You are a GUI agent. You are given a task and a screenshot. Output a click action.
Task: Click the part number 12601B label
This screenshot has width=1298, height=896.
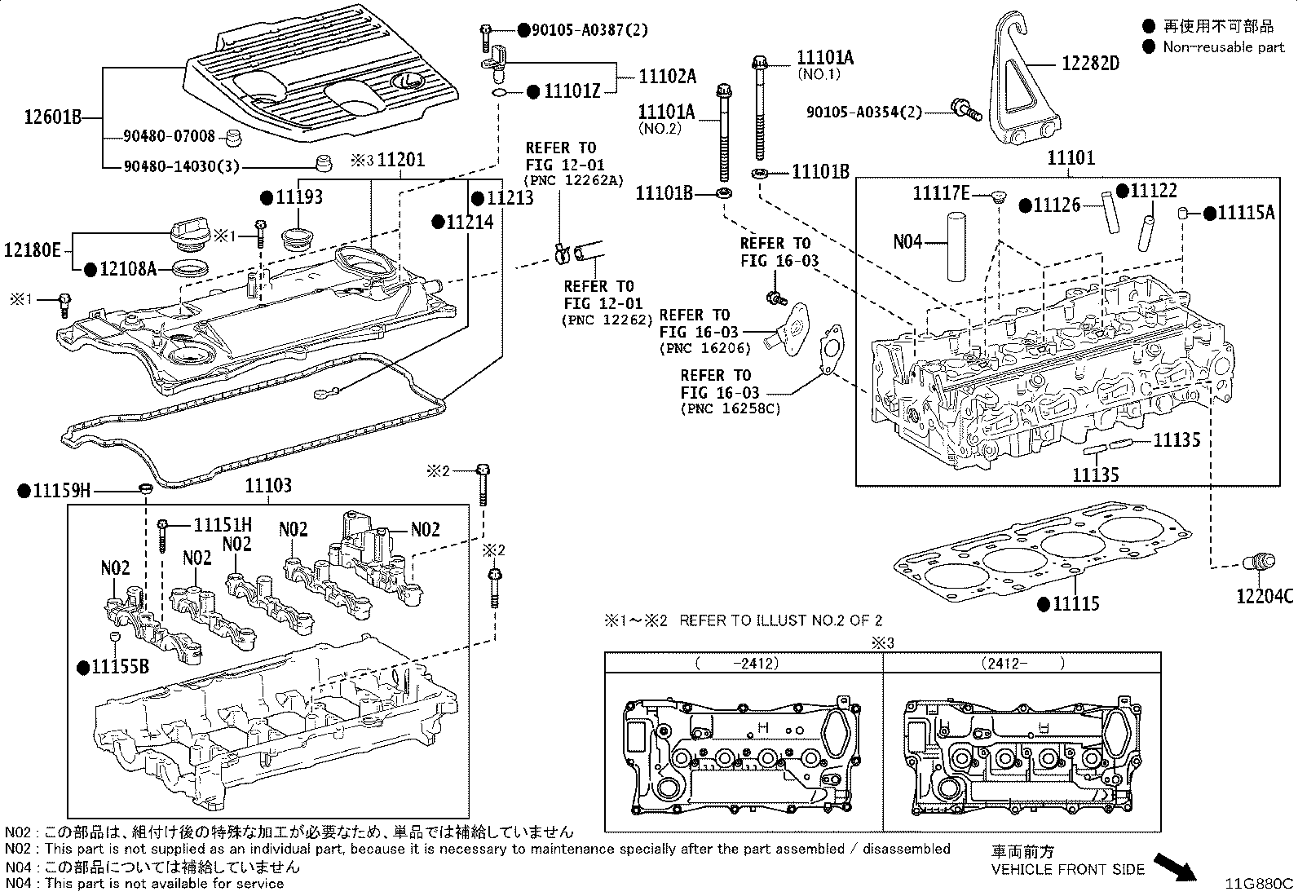point(54,117)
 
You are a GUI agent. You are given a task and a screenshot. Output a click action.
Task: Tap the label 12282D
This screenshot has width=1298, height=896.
point(1090,62)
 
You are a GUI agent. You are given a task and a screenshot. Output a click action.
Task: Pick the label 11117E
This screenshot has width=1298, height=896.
point(940,193)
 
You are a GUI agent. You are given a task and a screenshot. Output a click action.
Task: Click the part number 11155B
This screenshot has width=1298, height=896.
point(119,667)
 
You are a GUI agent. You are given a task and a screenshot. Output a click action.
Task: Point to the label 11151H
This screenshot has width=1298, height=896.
point(223,525)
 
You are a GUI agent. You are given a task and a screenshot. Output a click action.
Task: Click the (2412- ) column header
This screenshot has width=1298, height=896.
point(1022,664)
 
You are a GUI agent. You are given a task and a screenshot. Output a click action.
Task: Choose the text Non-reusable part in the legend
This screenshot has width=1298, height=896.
point(1223,46)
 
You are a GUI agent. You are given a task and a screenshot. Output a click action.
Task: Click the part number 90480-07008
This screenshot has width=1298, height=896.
point(170,136)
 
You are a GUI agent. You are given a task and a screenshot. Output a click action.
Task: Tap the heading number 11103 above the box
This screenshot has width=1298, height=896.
point(268,487)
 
